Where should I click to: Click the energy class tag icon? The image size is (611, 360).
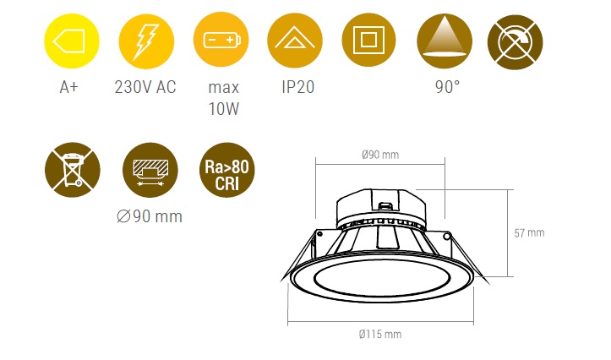(72, 41)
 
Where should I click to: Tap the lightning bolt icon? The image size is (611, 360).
(146, 41)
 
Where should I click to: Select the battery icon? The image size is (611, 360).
(221, 40)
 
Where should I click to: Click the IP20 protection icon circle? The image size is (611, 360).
(295, 41)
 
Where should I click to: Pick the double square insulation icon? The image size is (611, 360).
(368, 40)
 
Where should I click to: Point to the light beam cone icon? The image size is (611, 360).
(445, 41)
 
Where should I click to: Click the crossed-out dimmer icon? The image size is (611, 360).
(516, 42)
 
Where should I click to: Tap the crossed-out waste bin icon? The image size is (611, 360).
(73, 170)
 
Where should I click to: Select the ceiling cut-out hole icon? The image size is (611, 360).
(150, 170)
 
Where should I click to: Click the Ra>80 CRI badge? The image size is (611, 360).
(226, 170)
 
